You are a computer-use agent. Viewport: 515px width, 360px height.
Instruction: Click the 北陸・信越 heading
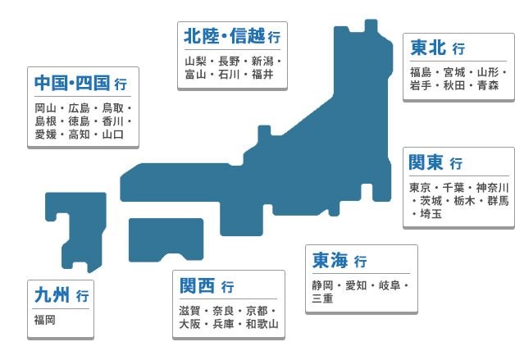click(225, 36)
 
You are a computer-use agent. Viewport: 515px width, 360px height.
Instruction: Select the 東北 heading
click(428, 48)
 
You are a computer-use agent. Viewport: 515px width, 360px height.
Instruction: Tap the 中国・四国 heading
click(72, 83)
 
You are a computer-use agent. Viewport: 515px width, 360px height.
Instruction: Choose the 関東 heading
click(426, 162)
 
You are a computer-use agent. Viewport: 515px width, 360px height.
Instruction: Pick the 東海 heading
click(330, 260)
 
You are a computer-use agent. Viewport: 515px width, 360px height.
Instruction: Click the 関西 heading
click(197, 285)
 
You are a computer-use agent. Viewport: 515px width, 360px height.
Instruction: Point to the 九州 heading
click(52, 294)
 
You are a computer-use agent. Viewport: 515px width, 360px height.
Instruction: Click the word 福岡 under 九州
click(44, 320)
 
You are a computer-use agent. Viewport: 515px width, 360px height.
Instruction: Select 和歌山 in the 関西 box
click(262, 324)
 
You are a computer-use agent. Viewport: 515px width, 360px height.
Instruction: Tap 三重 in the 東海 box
click(322, 298)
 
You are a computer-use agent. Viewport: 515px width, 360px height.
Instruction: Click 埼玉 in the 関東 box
click(431, 214)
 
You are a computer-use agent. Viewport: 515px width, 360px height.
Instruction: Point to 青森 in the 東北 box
click(488, 85)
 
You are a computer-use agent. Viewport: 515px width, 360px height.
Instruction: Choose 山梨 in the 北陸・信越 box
click(195, 62)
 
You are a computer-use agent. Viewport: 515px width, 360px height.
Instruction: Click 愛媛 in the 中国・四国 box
click(46, 134)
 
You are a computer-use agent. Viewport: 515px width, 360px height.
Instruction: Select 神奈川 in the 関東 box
click(492, 188)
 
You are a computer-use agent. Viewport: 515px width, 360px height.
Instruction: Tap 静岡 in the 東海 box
click(322, 285)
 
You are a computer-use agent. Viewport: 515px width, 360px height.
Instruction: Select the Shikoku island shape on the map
click(166, 239)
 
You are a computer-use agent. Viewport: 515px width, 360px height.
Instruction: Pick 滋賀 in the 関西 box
click(189, 311)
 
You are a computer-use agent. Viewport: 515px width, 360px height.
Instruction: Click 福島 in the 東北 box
click(421, 72)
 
